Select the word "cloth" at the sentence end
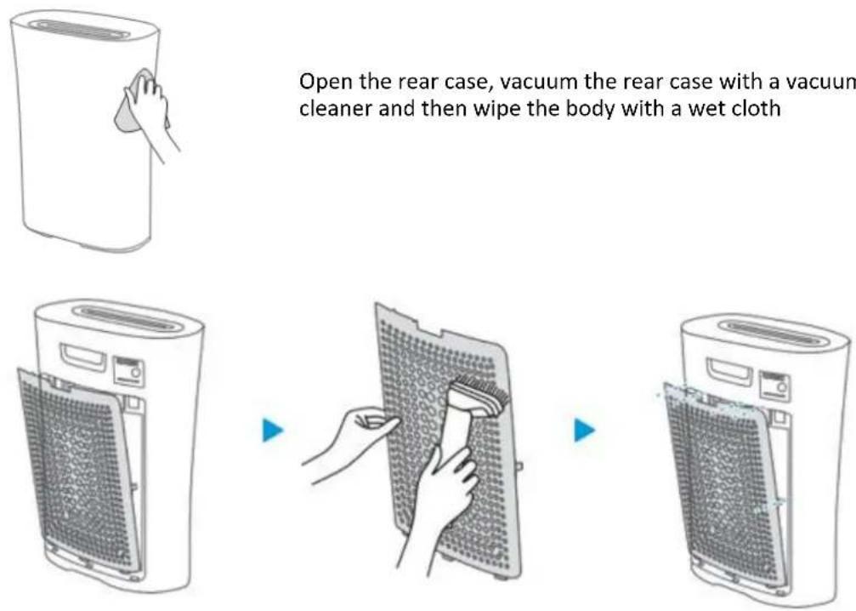tap(757, 108)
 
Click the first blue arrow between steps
tap(273, 430)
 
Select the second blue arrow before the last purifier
tap(585, 430)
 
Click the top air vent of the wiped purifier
tap(79, 29)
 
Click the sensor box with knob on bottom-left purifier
tap(129, 371)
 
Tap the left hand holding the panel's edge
tap(349, 443)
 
